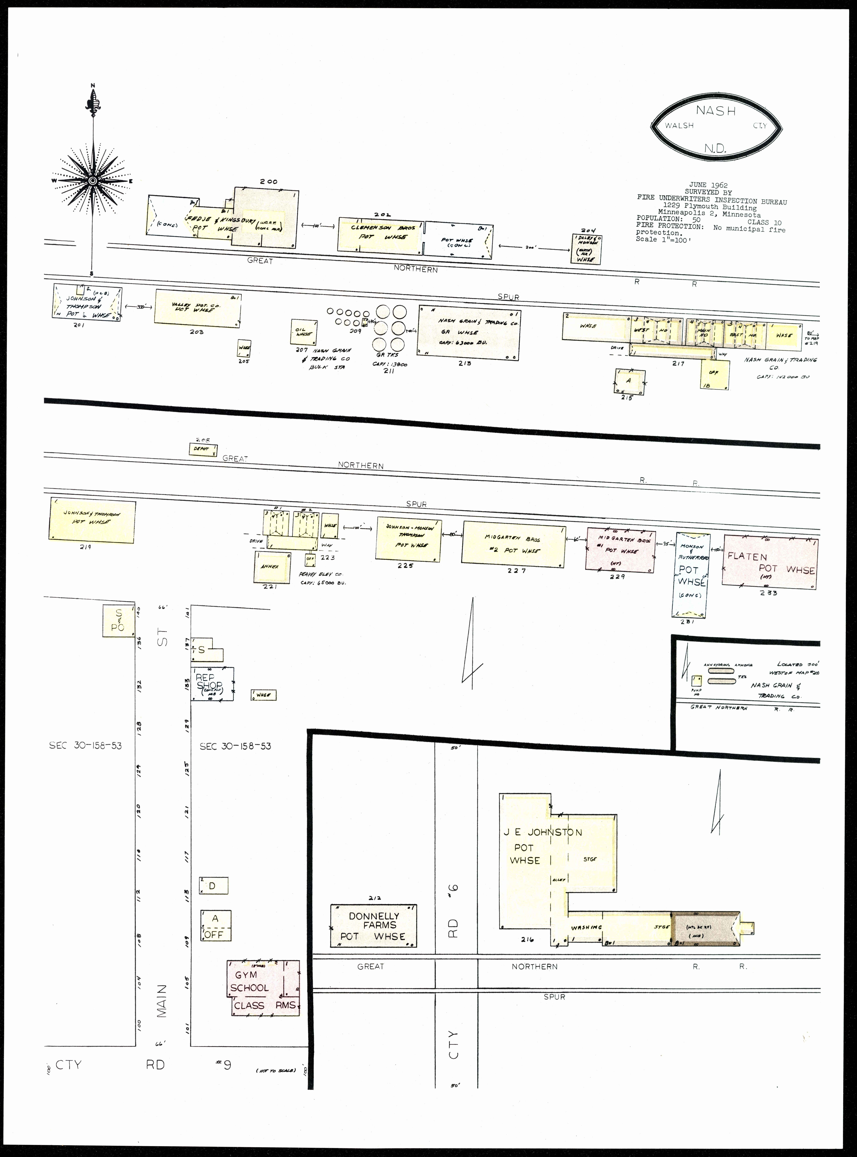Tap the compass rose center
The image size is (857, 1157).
coord(92,180)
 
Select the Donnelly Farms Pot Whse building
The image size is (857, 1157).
coord(374,926)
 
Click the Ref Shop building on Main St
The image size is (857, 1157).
coord(212,684)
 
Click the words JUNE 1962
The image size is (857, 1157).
coord(708,185)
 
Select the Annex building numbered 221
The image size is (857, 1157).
coord(270,567)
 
